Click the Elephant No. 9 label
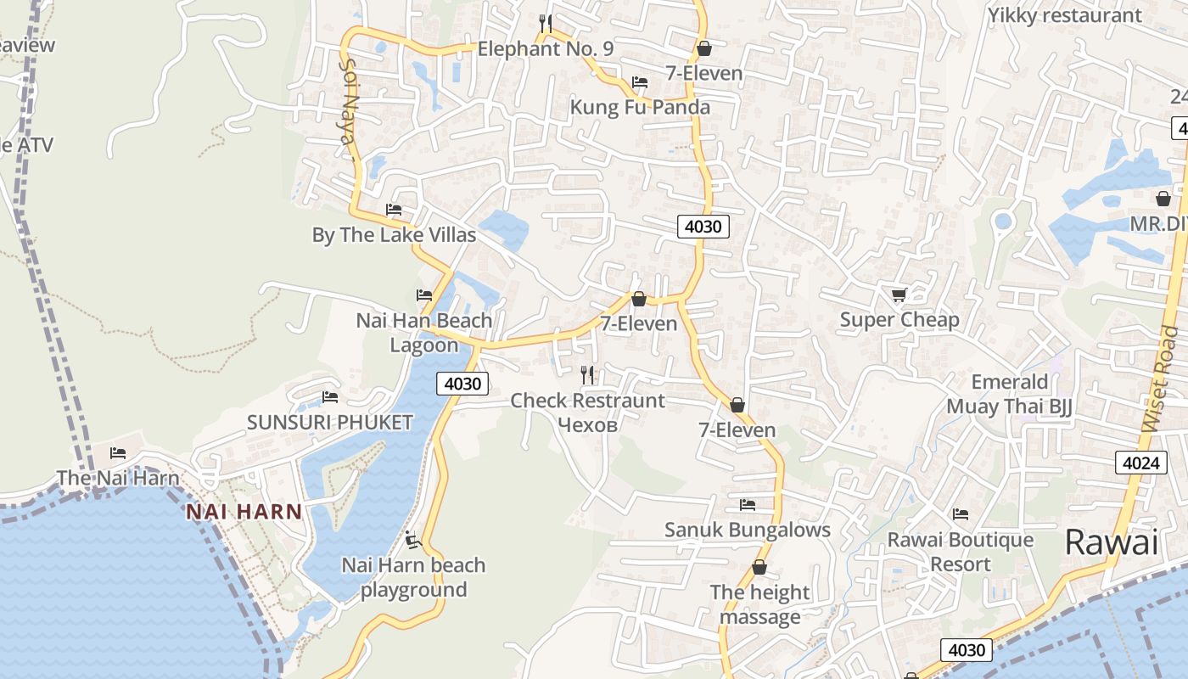[546, 49]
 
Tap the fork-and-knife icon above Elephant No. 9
[546, 23]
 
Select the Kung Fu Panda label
[640, 108]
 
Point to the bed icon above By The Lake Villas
[394, 209]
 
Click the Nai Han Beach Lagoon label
[424, 333]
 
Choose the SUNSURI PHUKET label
[330, 423]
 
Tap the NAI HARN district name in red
[244, 512]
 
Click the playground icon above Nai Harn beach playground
[413, 540]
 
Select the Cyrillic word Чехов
[588, 424]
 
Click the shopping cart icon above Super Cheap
[899, 295]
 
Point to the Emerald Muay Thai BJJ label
[1010, 394]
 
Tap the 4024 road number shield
[1140, 463]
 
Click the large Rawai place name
[1112, 542]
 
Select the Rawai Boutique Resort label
[961, 552]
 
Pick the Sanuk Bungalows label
[748, 530]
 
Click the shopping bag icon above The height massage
[759, 567]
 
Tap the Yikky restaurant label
[1065, 15]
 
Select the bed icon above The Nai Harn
[118, 453]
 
